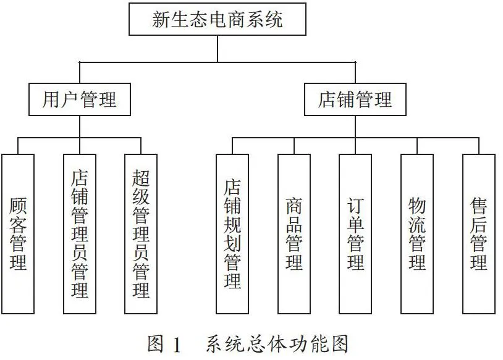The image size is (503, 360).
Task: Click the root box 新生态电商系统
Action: (218, 19)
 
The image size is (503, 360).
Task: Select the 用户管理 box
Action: (80, 99)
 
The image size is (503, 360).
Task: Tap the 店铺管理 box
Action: (355, 99)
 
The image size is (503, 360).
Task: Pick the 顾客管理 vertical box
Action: (18, 234)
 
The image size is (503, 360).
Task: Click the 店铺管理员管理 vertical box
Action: (80, 234)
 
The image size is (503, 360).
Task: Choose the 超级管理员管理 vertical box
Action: (141, 234)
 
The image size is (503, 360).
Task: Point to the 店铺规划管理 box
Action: (232, 234)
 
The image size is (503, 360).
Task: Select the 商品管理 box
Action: (294, 234)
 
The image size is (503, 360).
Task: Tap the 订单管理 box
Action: (355, 234)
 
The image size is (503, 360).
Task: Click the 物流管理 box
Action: (417, 234)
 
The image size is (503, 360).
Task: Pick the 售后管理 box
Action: (479, 234)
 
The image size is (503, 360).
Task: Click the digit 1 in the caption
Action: (177, 345)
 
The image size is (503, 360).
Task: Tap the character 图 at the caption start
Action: (156, 345)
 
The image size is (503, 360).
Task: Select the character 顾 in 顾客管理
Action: (18, 206)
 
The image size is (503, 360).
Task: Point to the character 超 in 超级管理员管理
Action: (141, 178)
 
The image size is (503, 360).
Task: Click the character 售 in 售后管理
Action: (479, 206)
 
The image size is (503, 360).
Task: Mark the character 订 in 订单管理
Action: (355, 206)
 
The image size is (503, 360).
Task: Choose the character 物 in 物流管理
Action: (417, 206)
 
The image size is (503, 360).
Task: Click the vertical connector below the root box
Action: (218, 48)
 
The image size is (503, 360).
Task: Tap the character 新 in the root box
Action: (161, 19)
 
